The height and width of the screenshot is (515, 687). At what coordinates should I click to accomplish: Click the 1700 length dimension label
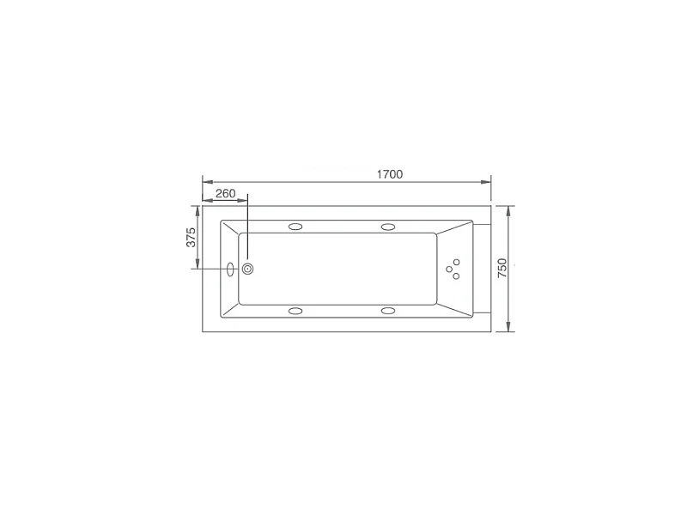(x=389, y=174)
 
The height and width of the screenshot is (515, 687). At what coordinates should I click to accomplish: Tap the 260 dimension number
(x=225, y=193)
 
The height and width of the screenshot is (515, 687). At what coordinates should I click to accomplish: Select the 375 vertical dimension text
(x=192, y=237)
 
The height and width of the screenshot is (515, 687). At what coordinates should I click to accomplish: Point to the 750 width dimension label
(x=503, y=268)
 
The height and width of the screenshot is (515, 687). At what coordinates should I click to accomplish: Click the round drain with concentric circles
(x=248, y=269)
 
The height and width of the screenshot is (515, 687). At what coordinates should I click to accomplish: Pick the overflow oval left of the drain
(x=230, y=269)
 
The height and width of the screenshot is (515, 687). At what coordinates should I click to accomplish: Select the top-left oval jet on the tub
(x=296, y=227)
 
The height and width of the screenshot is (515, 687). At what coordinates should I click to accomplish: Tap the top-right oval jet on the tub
(x=387, y=227)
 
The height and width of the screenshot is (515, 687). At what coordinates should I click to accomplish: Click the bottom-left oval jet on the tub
(x=296, y=311)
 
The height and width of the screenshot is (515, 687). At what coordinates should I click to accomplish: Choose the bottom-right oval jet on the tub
(x=387, y=311)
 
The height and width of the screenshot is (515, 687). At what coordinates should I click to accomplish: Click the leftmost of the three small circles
(x=449, y=269)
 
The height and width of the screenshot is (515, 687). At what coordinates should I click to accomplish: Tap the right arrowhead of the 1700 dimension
(x=487, y=181)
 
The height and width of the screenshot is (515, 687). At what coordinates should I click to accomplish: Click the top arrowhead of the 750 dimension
(x=509, y=209)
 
